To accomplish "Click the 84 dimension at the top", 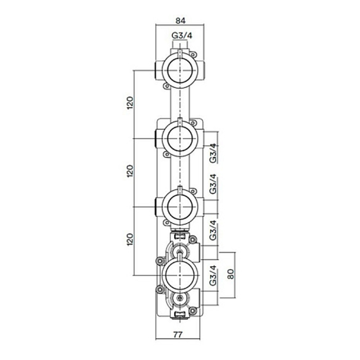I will (x=180, y=21).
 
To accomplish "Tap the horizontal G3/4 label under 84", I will (x=180, y=36).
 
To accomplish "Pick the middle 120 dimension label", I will (x=131, y=171).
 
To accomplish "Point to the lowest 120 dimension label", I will (x=131, y=239).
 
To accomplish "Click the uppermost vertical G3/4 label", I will (x=213, y=153).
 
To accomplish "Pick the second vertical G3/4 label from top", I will (x=213, y=185).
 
